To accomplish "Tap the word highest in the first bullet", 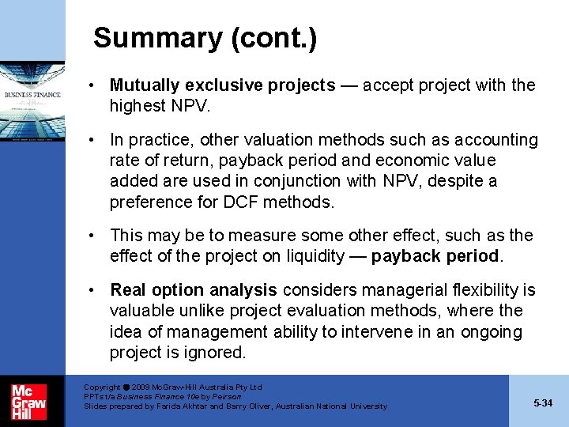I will click(x=138, y=105).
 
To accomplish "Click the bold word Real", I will click(x=128, y=290).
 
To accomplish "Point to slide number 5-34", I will click(x=543, y=403).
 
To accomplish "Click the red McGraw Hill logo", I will click(x=28, y=401).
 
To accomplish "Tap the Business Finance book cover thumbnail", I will click(x=32, y=101).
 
